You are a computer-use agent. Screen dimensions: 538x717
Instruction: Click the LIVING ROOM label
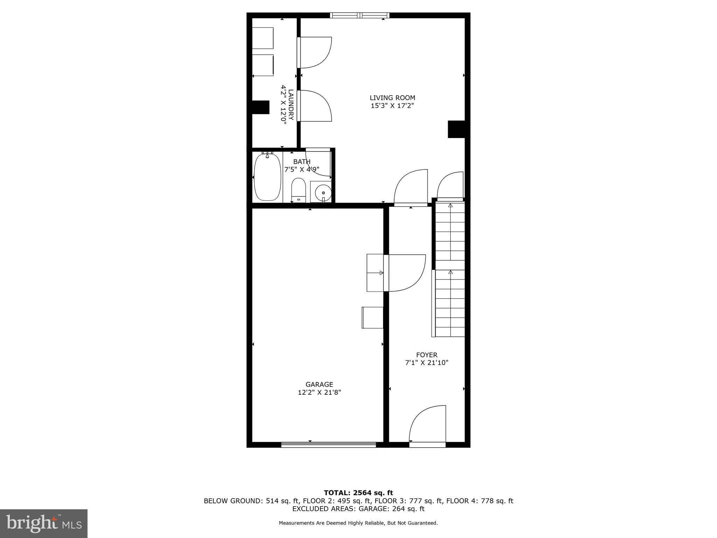click(392, 98)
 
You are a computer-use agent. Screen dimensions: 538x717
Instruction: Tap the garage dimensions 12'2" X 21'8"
click(319, 393)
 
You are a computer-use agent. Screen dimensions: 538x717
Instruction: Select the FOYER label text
click(426, 355)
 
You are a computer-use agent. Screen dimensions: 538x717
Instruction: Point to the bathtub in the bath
click(267, 177)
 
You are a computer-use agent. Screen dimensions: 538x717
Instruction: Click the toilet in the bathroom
click(299, 190)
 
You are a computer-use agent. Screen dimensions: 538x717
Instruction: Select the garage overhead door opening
click(328, 444)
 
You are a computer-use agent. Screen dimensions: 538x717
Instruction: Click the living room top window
click(360, 15)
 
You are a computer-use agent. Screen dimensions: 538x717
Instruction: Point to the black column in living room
click(457, 129)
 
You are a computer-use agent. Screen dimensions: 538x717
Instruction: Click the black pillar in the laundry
click(260, 107)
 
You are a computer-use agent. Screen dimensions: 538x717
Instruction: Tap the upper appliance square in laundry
click(263, 38)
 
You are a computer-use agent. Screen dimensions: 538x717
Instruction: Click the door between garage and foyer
click(404, 273)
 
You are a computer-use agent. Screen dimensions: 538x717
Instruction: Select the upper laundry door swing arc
click(315, 53)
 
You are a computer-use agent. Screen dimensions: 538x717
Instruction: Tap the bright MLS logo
click(44, 523)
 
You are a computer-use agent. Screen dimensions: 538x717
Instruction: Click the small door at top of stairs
click(450, 186)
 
